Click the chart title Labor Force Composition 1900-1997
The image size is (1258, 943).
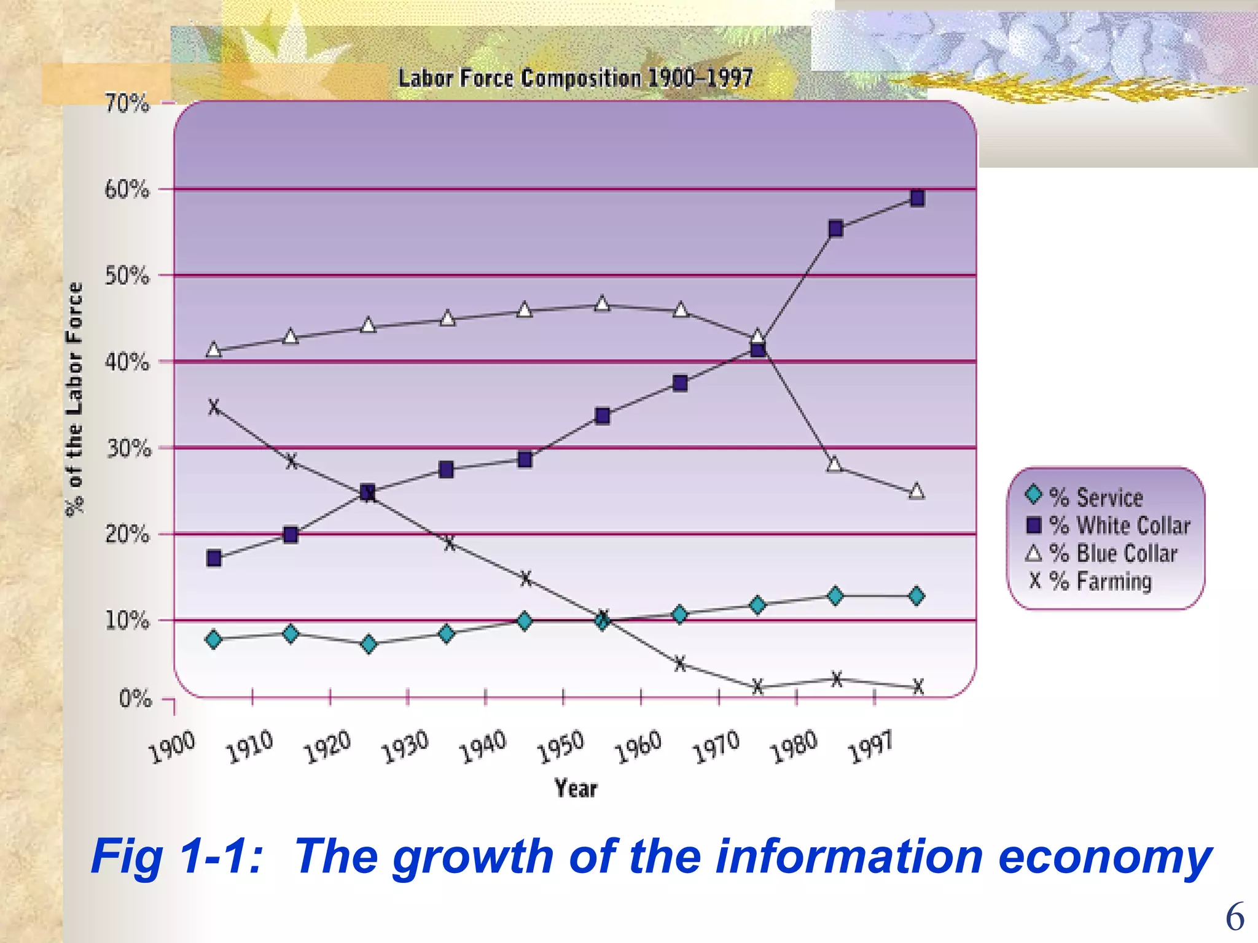click(576, 79)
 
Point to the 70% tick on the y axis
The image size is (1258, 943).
click(127, 103)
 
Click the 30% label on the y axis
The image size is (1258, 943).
click(128, 449)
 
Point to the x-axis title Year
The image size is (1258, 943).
click(576, 788)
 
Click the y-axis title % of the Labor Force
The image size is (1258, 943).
click(74, 399)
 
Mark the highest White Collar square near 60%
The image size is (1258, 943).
click(917, 198)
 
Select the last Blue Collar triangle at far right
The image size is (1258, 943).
click(916, 491)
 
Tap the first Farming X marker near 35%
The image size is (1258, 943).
click(214, 406)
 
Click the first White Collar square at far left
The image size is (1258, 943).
click(214, 558)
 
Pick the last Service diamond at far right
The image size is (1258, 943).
click(916, 596)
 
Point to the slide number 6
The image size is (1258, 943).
click(1235, 917)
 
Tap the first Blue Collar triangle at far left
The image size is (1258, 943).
click(214, 350)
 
